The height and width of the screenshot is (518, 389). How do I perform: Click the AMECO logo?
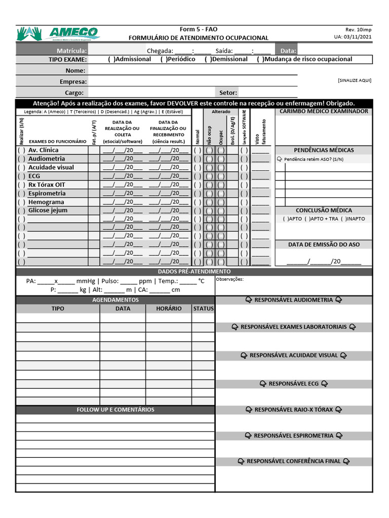tap(58, 34)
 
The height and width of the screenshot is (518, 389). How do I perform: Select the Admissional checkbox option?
tap(111, 59)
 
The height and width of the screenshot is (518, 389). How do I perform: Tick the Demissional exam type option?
tap(208, 59)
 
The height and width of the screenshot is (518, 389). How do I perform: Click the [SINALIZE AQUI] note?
tap(354, 80)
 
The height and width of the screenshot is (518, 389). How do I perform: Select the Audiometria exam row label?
tap(46, 158)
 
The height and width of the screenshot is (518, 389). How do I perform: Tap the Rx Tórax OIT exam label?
tap(47, 184)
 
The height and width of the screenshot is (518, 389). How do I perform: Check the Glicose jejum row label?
tap(48, 210)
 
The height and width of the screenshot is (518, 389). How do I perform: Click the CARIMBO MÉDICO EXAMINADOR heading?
tap(324, 111)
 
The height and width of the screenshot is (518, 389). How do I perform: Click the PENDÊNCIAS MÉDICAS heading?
tap(324, 150)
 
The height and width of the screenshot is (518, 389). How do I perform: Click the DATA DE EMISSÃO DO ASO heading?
tap(324, 244)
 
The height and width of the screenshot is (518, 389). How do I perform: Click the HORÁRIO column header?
tap(169, 308)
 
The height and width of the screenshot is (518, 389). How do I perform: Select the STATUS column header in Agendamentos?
tap(203, 308)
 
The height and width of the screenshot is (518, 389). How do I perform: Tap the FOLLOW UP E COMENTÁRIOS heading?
tap(115, 409)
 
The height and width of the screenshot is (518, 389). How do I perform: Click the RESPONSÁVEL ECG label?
tap(294, 383)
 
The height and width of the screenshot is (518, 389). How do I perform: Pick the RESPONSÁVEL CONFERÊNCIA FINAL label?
tap(294, 461)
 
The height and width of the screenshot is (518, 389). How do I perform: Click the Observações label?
tap(229, 279)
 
